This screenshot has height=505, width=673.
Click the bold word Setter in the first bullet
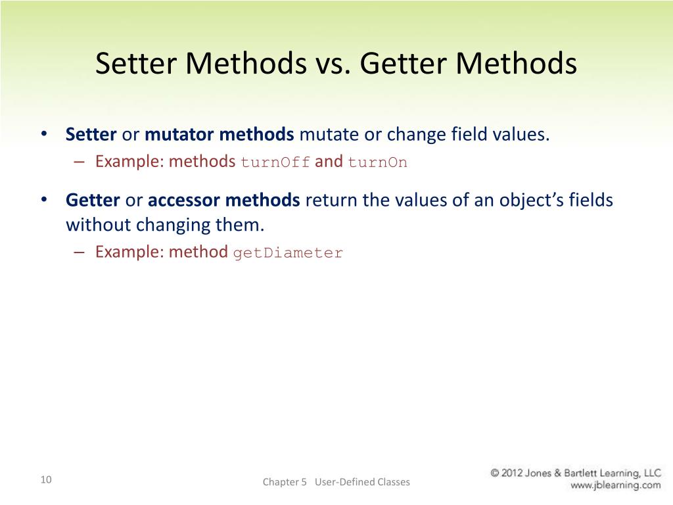click(91, 135)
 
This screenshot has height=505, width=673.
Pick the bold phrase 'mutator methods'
click(220, 135)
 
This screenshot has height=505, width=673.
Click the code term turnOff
click(275, 162)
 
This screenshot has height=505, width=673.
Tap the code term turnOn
click(377, 162)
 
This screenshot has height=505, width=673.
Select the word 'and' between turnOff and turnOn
click(329, 162)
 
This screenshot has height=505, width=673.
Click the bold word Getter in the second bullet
click(93, 201)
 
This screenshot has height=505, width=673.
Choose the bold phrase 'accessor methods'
click(224, 201)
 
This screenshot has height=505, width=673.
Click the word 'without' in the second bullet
click(98, 225)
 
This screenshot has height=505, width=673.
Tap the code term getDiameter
click(288, 253)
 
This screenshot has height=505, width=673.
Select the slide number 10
click(45, 479)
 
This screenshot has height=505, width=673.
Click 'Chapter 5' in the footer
click(285, 482)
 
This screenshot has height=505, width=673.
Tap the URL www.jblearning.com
click(615, 486)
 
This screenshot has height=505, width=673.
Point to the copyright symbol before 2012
click(496, 473)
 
